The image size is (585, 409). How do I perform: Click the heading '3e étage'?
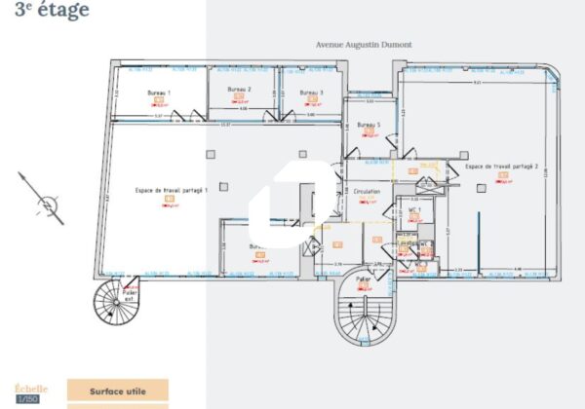51,11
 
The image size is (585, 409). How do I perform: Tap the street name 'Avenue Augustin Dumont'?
363,45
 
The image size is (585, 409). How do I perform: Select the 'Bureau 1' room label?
159,93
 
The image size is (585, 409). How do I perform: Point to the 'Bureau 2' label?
240,90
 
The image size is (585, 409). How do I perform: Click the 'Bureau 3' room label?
311,93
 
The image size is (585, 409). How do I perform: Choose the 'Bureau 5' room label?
368,125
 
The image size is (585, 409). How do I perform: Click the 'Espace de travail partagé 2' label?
501,167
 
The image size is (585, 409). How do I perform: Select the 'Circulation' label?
367,192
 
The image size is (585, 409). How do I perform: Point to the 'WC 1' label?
413,209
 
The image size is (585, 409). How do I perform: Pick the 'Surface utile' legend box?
118,390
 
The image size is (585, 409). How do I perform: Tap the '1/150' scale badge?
29,399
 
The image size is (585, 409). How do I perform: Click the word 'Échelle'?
29,388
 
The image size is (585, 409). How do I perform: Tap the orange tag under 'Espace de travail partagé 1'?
169,200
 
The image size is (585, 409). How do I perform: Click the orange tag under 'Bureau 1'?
160,100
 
